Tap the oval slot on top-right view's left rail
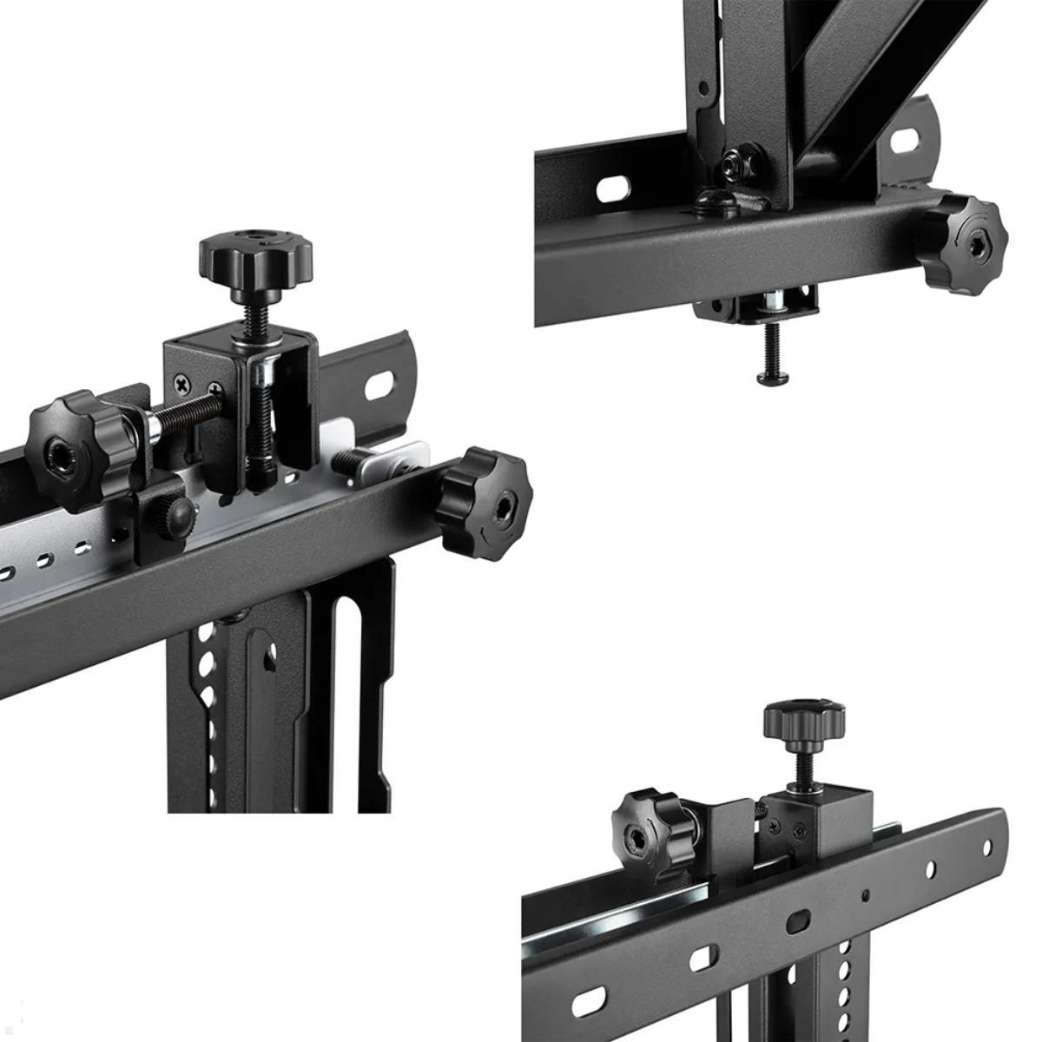613,188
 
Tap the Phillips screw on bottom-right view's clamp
797,831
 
